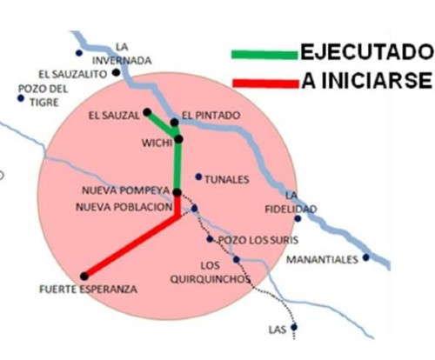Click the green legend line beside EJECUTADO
(x=264, y=55)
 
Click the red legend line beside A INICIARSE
(x=265, y=83)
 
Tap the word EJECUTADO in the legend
(x=367, y=52)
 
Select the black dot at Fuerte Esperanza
(x=84, y=277)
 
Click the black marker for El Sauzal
(x=147, y=112)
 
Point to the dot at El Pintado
(x=174, y=123)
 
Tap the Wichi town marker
(x=179, y=139)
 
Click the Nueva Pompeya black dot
(x=177, y=192)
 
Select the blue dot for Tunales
(x=198, y=177)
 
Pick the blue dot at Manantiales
(x=366, y=257)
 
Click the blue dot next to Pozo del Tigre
(x=21, y=98)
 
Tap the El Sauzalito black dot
(x=117, y=72)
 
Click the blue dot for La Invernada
(x=79, y=53)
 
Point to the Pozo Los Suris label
(x=258, y=240)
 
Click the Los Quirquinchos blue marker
(x=237, y=260)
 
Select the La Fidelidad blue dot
(x=298, y=218)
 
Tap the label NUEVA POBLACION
(x=124, y=207)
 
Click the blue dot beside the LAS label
(x=294, y=327)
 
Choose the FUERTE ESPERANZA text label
(x=88, y=290)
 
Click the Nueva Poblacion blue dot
(x=194, y=209)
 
